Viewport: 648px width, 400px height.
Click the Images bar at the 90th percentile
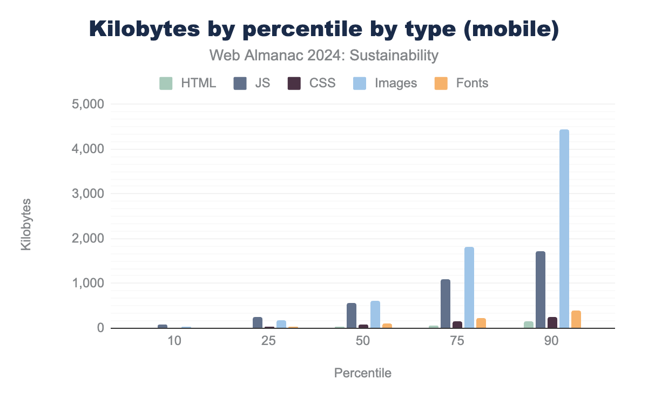[564, 229]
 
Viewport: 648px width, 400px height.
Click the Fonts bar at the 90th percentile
[576, 319]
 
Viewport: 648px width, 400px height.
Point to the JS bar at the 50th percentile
[352, 315]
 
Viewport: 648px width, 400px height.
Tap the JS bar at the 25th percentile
[258, 322]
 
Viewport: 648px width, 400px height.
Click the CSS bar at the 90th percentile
[552, 322]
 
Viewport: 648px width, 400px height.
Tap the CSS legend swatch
[294, 83]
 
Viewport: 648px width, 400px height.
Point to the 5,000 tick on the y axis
[88, 104]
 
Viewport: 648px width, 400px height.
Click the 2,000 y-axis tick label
[88, 239]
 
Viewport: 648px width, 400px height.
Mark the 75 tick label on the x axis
[457, 341]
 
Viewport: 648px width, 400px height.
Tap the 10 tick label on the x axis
[174, 341]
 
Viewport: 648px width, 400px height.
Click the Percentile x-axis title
[363, 373]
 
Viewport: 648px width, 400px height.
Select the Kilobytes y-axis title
[26, 225]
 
